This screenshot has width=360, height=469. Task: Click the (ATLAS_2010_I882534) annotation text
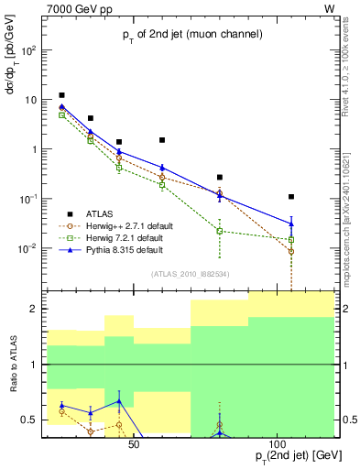(189, 274)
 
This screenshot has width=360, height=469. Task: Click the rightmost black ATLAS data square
(291, 197)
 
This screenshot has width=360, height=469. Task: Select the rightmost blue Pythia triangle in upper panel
(291, 224)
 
